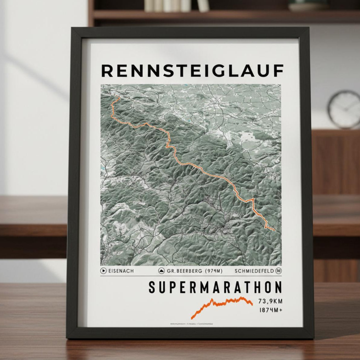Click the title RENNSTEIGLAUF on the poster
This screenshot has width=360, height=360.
(x=192, y=71)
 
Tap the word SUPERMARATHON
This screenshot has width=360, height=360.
(x=215, y=288)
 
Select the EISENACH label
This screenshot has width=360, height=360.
(x=121, y=271)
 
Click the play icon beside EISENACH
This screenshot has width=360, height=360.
(x=104, y=271)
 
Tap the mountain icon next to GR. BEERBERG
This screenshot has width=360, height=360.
(x=162, y=271)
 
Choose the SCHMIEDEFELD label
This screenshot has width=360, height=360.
(x=254, y=271)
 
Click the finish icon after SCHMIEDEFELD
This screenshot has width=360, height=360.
(x=279, y=271)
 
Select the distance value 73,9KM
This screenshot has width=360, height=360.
(x=270, y=301)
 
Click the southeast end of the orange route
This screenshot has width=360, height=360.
(x=274, y=230)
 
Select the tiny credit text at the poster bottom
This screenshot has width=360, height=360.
(x=192, y=324)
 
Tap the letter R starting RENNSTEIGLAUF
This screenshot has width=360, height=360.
(x=107, y=71)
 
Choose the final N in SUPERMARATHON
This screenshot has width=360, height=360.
(x=277, y=288)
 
